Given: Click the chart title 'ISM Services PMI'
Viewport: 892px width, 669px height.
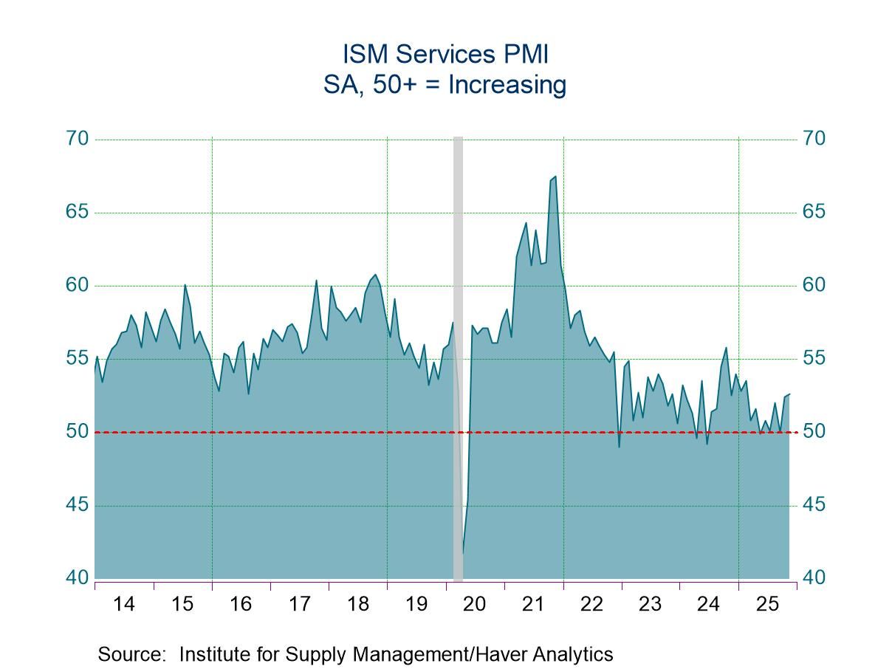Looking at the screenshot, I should pyautogui.click(x=445, y=55).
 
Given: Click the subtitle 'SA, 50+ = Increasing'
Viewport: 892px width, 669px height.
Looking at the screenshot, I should pyautogui.click(x=445, y=85).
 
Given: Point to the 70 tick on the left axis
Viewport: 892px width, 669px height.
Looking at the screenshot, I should pyautogui.click(x=76, y=139).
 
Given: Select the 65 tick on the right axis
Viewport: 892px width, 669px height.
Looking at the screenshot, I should pyautogui.click(x=814, y=212).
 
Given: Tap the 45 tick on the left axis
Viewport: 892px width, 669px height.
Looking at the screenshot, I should pyautogui.click(x=76, y=505).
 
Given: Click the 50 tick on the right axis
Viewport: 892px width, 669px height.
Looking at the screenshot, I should pyautogui.click(x=814, y=431).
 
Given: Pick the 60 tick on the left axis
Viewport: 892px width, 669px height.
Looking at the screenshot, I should pyautogui.click(x=76, y=285).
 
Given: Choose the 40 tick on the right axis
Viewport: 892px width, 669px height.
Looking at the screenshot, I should pyautogui.click(x=814, y=577).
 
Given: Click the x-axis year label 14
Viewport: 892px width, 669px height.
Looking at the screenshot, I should pyautogui.click(x=124, y=604).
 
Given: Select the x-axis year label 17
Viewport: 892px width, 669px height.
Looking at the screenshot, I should pyautogui.click(x=299, y=604).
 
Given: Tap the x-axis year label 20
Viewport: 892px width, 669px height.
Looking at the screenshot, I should pyautogui.click(x=474, y=604).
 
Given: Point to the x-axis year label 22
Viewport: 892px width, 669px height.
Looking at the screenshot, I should pyautogui.click(x=591, y=604).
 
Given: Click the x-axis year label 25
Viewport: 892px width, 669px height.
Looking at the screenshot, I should pyautogui.click(x=767, y=604).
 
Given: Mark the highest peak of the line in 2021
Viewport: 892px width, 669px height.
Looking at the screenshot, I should pyautogui.click(x=555, y=176).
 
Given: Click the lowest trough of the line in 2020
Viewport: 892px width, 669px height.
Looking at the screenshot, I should pyautogui.click(x=463, y=552).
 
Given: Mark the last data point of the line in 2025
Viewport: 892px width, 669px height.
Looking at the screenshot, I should pyautogui.click(x=789, y=394).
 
